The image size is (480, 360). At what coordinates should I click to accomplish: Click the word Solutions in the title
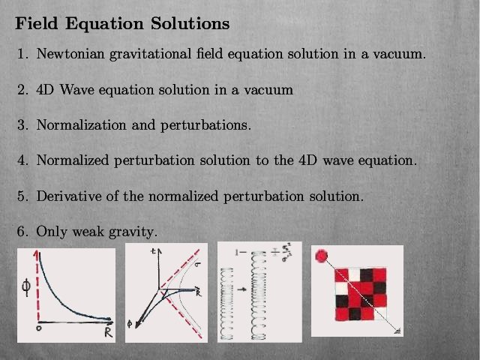click(190, 23)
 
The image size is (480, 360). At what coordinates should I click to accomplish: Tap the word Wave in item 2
click(76, 89)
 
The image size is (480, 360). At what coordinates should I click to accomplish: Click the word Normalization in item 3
click(81, 125)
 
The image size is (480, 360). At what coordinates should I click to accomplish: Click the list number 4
click(22, 160)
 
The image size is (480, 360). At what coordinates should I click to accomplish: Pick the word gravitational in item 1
click(150, 54)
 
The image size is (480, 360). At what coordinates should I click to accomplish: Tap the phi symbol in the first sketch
click(26, 288)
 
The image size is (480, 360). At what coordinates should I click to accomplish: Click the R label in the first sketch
click(108, 332)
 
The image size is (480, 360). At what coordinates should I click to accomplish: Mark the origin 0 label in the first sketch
click(38, 328)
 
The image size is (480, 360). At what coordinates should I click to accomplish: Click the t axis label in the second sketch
click(153, 251)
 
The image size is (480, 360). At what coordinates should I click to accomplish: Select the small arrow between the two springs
click(241, 289)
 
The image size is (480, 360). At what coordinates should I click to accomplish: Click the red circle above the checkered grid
click(321, 256)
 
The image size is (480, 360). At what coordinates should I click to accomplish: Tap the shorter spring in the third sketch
click(226, 304)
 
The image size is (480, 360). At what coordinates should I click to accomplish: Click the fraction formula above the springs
click(281, 253)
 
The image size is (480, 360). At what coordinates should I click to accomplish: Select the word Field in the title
click(37, 23)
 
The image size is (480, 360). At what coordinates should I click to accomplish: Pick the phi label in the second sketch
click(130, 324)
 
